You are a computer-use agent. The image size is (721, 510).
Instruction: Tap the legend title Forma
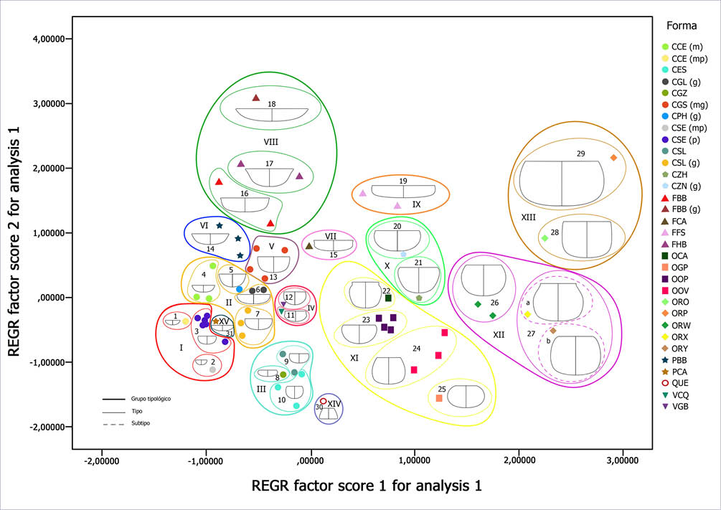coord(682,27)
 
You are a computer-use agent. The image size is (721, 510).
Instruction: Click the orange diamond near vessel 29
coord(613,158)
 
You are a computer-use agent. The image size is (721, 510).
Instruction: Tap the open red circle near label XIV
coord(323,402)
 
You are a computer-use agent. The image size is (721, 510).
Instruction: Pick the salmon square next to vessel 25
coord(439,398)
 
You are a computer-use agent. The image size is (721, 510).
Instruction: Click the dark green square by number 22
coord(388,298)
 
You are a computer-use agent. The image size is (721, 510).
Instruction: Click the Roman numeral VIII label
coord(270,142)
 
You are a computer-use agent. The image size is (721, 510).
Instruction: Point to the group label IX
coord(416,204)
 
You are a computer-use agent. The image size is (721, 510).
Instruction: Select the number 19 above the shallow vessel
coord(403,181)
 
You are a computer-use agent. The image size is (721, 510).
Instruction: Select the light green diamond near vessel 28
coord(545,238)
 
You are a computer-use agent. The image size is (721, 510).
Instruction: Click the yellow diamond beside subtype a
coord(527,314)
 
